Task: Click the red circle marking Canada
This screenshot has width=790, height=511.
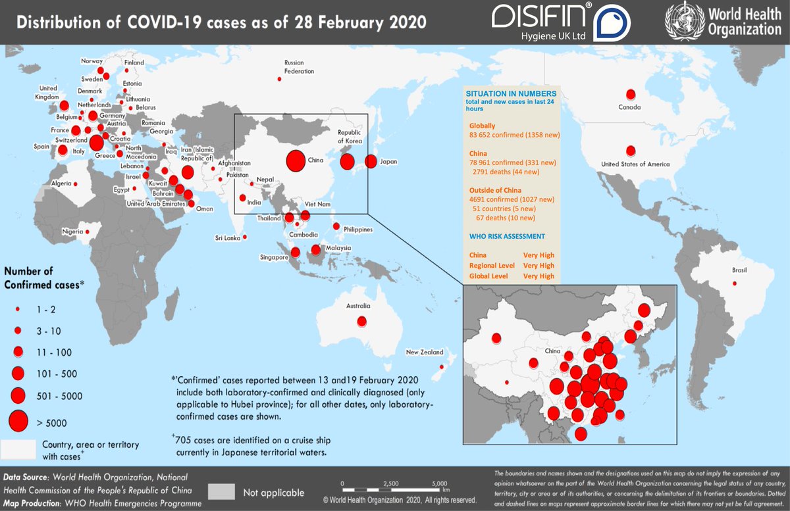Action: click(631, 94)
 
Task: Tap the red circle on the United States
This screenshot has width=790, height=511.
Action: click(631, 151)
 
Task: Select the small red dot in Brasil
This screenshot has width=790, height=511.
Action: click(735, 284)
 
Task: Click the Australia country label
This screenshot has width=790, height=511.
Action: click(359, 306)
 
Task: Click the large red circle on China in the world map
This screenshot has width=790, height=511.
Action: click(296, 160)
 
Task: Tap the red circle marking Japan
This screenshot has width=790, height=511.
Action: click(371, 161)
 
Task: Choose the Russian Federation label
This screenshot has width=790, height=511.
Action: click(299, 66)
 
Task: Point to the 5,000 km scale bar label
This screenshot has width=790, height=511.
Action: click(439, 483)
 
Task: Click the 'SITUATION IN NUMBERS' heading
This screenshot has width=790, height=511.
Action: click(510, 94)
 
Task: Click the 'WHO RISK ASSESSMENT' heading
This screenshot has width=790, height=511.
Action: click(507, 236)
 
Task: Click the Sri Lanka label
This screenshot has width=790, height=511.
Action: click(227, 237)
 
